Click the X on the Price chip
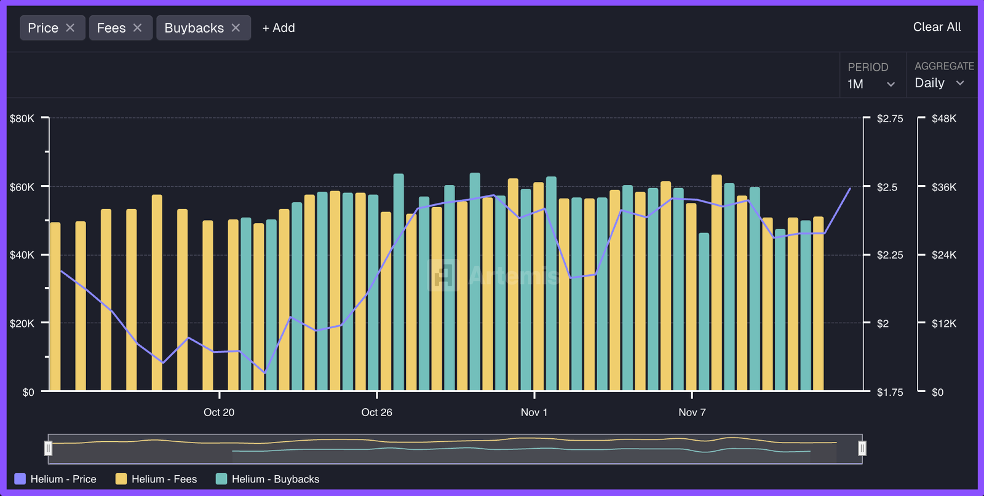point(70,28)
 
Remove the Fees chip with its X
point(138,28)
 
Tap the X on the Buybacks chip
point(236,28)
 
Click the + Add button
point(279,28)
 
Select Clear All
point(937,27)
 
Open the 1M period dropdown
point(871,84)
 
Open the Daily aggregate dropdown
point(940,83)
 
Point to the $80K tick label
point(22,119)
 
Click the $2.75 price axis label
point(890,119)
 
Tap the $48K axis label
point(944,119)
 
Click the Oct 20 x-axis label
point(219,412)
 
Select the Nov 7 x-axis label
point(692,412)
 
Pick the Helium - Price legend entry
point(55,479)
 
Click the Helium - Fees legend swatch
point(121,479)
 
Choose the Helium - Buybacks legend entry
point(268,479)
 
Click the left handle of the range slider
point(49,448)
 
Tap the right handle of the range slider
point(862,448)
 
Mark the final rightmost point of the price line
point(850,188)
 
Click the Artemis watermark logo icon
point(443,275)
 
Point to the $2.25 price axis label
point(890,255)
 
